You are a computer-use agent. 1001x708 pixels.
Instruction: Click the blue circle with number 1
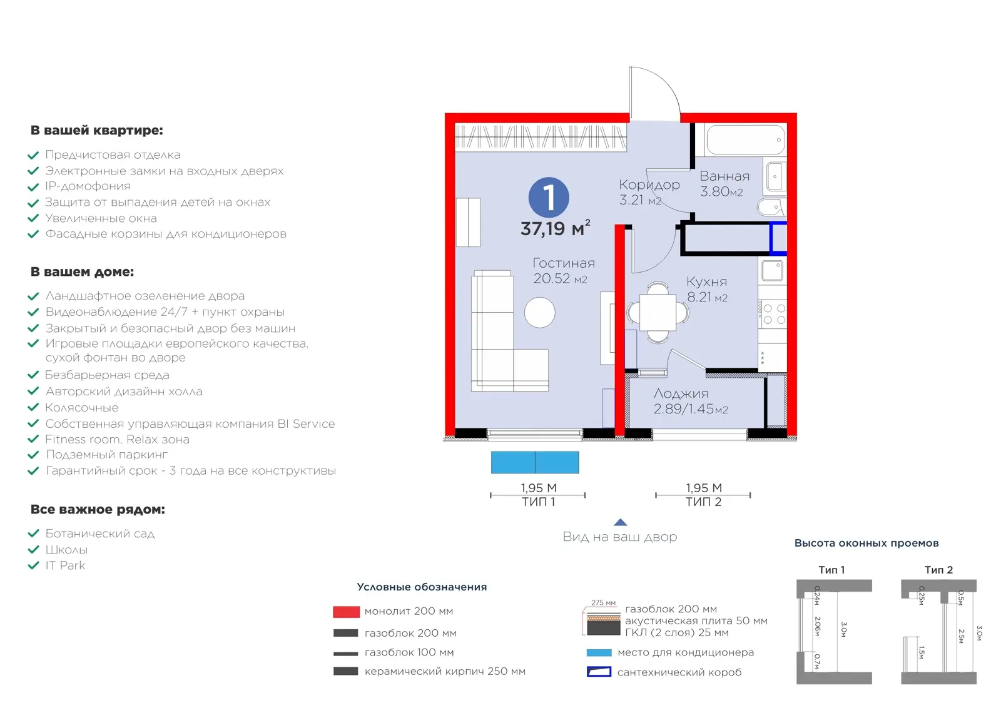(x=548, y=198)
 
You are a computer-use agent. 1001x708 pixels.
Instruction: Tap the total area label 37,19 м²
(x=555, y=228)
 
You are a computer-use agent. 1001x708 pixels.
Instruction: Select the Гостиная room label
(x=564, y=263)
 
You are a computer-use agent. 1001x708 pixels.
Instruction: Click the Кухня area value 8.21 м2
(x=707, y=297)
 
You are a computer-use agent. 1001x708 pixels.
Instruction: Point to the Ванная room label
(x=724, y=176)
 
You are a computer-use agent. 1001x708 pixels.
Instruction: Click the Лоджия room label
(x=681, y=393)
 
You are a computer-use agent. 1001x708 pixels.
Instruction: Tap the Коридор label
(x=649, y=185)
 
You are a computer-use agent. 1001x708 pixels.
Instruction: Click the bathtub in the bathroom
(x=745, y=140)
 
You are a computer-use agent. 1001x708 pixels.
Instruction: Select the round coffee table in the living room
(x=539, y=313)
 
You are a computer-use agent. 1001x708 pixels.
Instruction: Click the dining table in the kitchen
(x=658, y=312)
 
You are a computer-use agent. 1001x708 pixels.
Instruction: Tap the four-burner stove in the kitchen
(x=773, y=314)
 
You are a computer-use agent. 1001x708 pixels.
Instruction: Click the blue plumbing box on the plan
(x=778, y=238)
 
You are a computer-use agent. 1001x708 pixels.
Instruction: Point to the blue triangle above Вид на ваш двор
(x=620, y=522)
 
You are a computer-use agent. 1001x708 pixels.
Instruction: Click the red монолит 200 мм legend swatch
(x=346, y=612)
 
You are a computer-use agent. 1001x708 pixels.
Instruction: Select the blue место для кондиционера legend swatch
(x=599, y=652)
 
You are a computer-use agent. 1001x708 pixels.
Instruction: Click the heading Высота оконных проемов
(x=866, y=543)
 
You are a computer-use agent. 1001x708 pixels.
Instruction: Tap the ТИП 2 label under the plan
(x=703, y=502)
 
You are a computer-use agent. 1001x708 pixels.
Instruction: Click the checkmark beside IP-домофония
(x=33, y=187)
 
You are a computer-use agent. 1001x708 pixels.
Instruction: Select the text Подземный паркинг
(x=106, y=455)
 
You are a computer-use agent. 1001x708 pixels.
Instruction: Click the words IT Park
(x=65, y=565)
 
